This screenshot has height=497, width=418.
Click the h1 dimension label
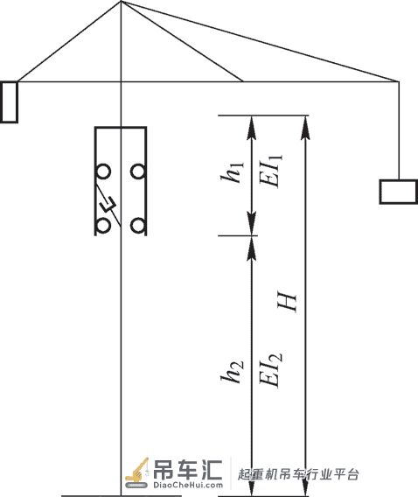click(x=233, y=172)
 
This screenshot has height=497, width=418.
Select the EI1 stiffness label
click(x=271, y=171)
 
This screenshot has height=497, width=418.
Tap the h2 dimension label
click(x=233, y=372)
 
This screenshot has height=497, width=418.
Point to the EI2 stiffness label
click(x=271, y=370)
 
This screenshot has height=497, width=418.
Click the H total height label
click(x=287, y=301)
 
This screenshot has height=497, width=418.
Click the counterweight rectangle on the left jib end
click(x=10, y=101)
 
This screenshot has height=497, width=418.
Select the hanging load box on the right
click(x=399, y=192)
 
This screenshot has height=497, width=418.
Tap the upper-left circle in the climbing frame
click(x=103, y=171)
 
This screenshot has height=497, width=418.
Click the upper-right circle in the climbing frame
click(x=138, y=171)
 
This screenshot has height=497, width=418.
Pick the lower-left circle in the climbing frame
click(x=103, y=227)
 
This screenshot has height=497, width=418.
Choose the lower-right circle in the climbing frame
click(x=138, y=227)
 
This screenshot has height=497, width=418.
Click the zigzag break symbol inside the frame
click(x=108, y=205)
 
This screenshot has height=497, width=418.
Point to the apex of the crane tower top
click(x=121, y=2)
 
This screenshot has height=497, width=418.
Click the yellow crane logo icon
click(x=136, y=472)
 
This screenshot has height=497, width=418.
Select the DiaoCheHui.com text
click(x=188, y=485)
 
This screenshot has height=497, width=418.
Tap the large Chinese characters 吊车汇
click(x=187, y=469)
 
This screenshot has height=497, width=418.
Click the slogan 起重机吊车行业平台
click(x=298, y=474)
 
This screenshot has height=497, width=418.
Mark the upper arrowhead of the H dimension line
click(x=305, y=128)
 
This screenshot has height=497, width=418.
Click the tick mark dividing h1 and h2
click(x=238, y=235)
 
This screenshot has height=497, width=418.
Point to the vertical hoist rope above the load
click(x=399, y=130)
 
